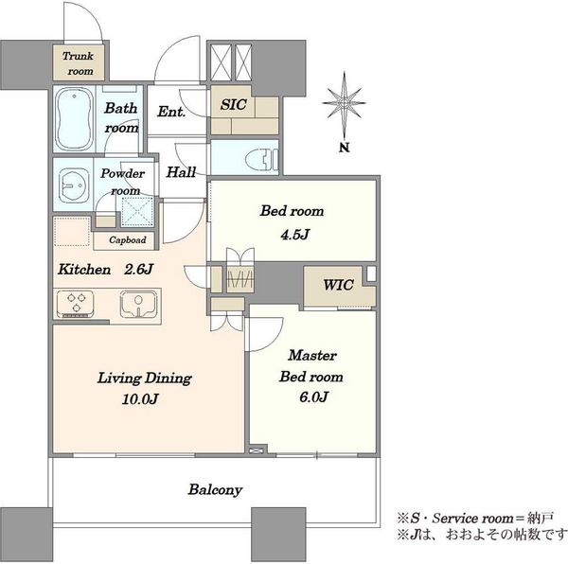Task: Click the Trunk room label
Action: (x=78, y=63)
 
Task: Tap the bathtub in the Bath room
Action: (x=74, y=118)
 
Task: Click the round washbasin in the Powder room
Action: (x=74, y=185)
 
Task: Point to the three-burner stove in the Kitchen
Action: (x=76, y=304)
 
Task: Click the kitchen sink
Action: (x=138, y=304)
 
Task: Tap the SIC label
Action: (x=233, y=105)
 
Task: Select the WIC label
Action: (x=338, y=285)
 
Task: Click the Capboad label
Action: (x=128, y=239)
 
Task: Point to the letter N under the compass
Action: (x=345, y=148)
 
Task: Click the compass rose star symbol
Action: (x=345, y=103)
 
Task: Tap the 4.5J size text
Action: (x=294, y=235)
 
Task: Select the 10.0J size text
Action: (x=140, y=399)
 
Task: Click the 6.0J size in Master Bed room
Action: (x=313, y=397)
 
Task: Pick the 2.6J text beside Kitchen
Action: (x=138, y=270)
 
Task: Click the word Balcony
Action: (x=215, y=490)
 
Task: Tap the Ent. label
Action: (x=171, y=112)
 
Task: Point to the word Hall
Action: (x=181, y=172)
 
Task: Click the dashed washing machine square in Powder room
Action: (x=137, y=212)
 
